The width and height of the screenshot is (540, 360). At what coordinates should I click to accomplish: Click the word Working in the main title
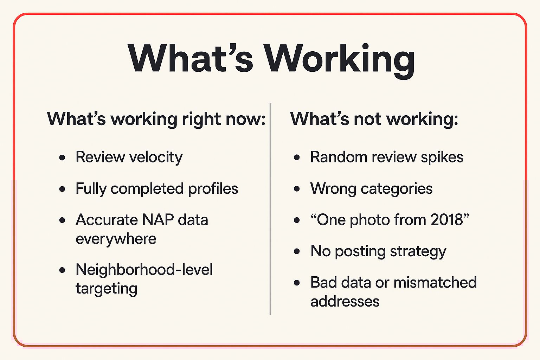(339, 60)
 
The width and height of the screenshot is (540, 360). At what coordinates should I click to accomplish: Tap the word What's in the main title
(191, 58)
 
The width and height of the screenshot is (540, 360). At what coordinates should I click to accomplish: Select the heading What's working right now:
(156, 119)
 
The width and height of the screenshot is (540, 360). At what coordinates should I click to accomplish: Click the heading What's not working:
(374, 119)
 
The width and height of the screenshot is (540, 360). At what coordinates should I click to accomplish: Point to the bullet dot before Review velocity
(62, 157)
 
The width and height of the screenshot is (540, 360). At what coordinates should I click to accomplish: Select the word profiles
(213, 188)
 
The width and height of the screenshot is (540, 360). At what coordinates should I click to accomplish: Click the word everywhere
(116, 239)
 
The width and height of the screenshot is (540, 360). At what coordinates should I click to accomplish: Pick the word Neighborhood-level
(144, 269)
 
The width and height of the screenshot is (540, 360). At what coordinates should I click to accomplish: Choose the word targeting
(106, 289)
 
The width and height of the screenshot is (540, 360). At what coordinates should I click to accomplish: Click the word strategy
(418, 252)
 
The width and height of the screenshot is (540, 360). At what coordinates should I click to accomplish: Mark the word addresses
(345, 302)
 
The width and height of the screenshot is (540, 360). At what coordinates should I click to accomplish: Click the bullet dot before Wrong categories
(297, 189)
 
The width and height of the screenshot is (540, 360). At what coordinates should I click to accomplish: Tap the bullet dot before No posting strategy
(297, 251)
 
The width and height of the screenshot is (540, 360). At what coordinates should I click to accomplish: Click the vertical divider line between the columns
(270, 209)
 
